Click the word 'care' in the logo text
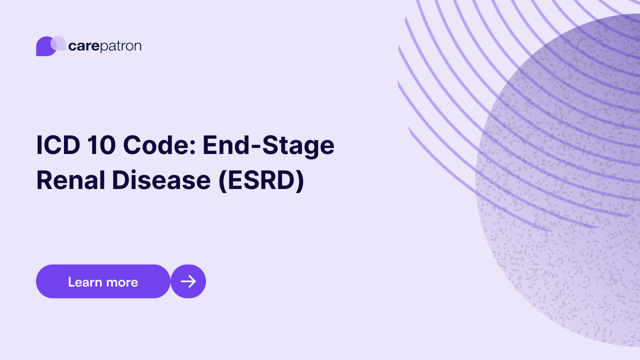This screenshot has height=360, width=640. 83,46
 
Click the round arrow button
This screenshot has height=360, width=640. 188,281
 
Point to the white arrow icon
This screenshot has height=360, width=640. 188,281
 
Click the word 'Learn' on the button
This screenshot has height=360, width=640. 84,282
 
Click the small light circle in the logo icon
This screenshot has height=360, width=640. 58,43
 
